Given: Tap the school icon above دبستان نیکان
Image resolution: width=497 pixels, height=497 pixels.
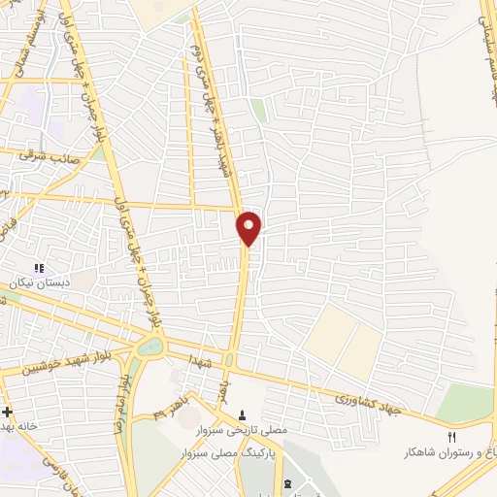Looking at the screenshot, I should click(40, 268).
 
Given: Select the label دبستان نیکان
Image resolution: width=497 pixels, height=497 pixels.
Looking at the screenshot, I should click(41, 282).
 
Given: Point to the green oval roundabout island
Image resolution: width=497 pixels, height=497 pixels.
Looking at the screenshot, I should click(150, 346).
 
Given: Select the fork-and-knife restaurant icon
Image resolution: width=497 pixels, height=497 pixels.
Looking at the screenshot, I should click(451, 438).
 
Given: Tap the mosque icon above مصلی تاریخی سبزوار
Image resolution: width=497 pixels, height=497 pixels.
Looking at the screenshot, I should click(243, 415).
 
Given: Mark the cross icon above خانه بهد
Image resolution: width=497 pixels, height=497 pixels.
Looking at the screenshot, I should click(7, 412).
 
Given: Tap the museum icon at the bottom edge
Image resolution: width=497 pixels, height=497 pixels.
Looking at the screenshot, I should click(286, 482).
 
